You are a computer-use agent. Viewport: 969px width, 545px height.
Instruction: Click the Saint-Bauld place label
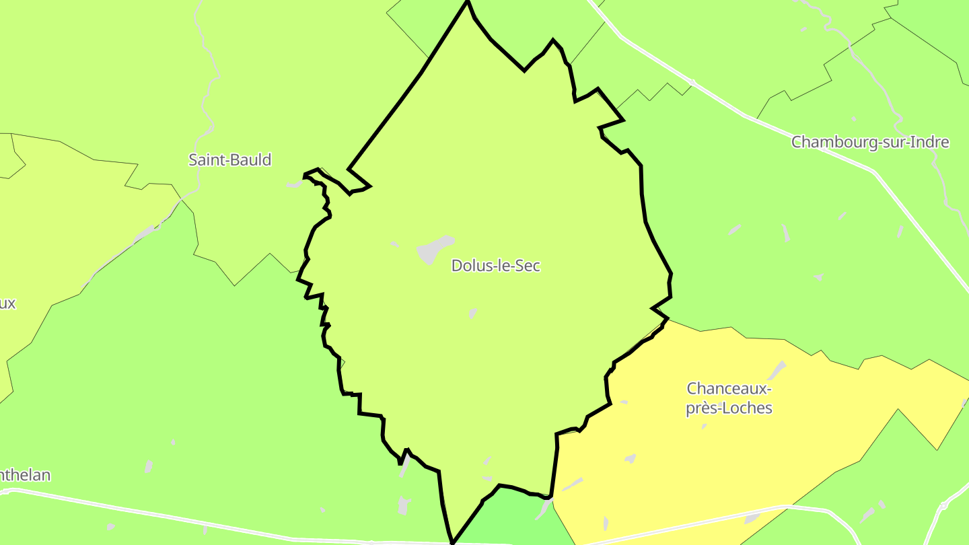(230, 160)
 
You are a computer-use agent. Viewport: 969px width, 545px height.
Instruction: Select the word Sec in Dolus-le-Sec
(528, 266)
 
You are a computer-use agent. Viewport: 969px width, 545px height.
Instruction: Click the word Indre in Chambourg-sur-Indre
(928, 143)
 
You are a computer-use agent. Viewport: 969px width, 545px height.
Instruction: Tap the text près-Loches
(729, 408)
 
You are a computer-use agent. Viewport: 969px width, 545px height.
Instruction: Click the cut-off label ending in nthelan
(25, 475)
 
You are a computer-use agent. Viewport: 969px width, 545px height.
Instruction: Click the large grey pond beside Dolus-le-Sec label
(433, 250)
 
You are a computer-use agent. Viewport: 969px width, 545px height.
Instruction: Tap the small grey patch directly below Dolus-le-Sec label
(473, 313)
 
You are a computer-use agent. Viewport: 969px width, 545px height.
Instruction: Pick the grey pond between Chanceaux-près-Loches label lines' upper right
(778, 369)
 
